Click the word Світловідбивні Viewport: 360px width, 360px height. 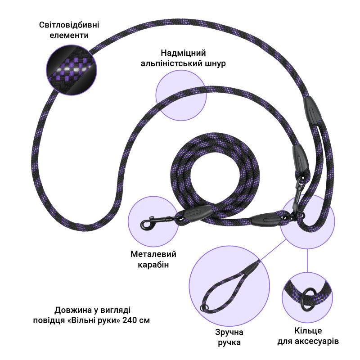tap(69, 25)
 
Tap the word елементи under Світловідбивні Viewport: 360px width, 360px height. tap(69, 36)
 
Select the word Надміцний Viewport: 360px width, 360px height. tap(183, 53)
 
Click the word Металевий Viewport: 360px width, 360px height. tap(153, 254)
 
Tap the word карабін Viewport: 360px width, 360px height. tap(153, 265)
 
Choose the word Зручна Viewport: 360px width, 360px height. tap(229, 332)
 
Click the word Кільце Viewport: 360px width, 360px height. tap(308, 331)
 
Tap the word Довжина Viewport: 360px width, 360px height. tap(73, 310)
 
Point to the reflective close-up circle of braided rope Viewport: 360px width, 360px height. tap(72, 70)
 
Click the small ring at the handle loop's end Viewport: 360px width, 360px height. tap(204, 307)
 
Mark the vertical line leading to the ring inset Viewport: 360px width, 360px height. tap(307, 261)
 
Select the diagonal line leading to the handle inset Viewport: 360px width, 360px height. tap(273, 250)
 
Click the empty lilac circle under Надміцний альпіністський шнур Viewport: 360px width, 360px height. tap(181, 95)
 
